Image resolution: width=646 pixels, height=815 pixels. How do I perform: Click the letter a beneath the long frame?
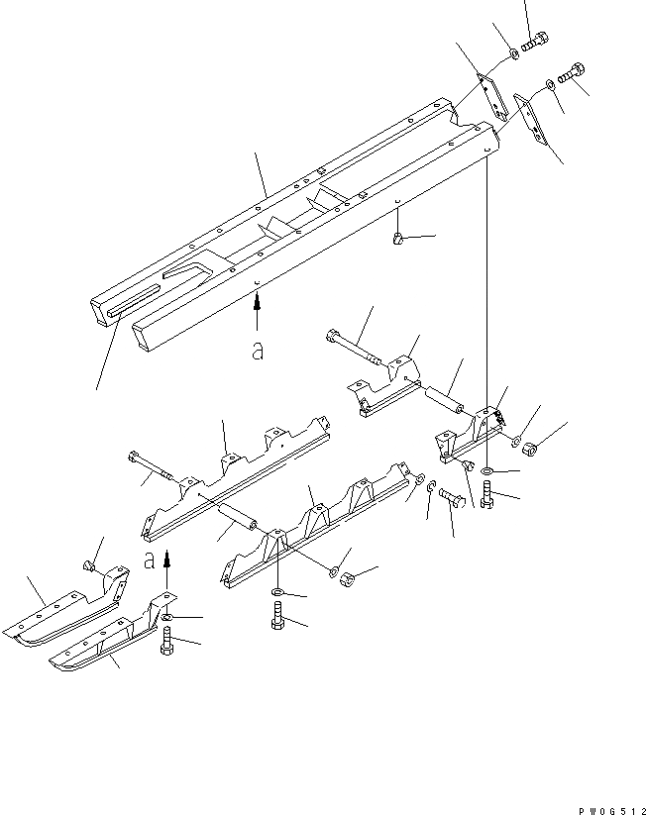(x=257, y=353)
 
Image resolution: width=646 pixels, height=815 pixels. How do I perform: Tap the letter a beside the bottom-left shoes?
(x=150, y=560)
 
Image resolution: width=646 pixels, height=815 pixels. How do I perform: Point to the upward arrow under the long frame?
(x=257, y=312)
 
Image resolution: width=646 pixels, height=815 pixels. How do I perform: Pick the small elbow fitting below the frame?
(x=397, y=237)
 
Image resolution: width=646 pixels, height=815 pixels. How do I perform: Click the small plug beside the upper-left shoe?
(x=87, y=567)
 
